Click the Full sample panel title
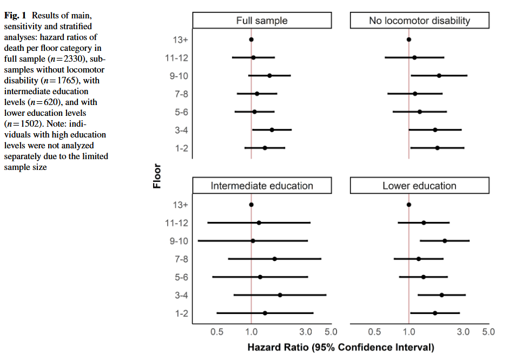pyautogui.click(x=262, y=21)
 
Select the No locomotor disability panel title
pyautogui.click(x=419, y=21)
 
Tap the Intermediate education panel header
pyautogui.click(x=262, y=186)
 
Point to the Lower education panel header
pyautogui.click(x=419, y=186)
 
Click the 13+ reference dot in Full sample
pyautogui.click(x=251, y=40)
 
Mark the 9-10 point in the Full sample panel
pyautogui.click(x=269, y=76)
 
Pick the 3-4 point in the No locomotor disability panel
pyautogui.click(x=435, y=130)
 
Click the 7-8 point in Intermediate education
pyautogui.click(x=274, y=259)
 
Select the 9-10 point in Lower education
pyautogui.click(x=445, y=241)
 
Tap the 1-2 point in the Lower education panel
pyautogui.click(x=435, y=313)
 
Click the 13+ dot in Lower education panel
pyautogui.click(x=408, y=205)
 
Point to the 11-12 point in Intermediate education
pyautogui.click(x=259, y=222)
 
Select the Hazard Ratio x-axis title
pyautogui.click(x=341, y=347)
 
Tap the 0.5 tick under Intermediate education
pyautogui.click(x=217, y=332)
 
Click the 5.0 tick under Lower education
pyautogui.click(x=489, y=332)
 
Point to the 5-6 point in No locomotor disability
pyautogui.click(x=419, y=112)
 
